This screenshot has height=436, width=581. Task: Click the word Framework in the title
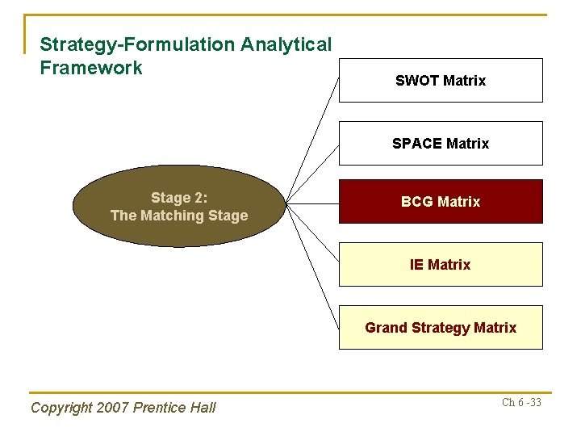[x=91, y=68]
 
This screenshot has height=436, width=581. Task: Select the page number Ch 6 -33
[x=521, y=402]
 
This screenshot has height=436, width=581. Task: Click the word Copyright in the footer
[x=61, y=408]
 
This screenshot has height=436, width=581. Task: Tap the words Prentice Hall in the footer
[x=174, y=408]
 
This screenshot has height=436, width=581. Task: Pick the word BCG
[x=416, y=202]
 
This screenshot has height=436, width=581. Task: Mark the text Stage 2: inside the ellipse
[x=179, y=199]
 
